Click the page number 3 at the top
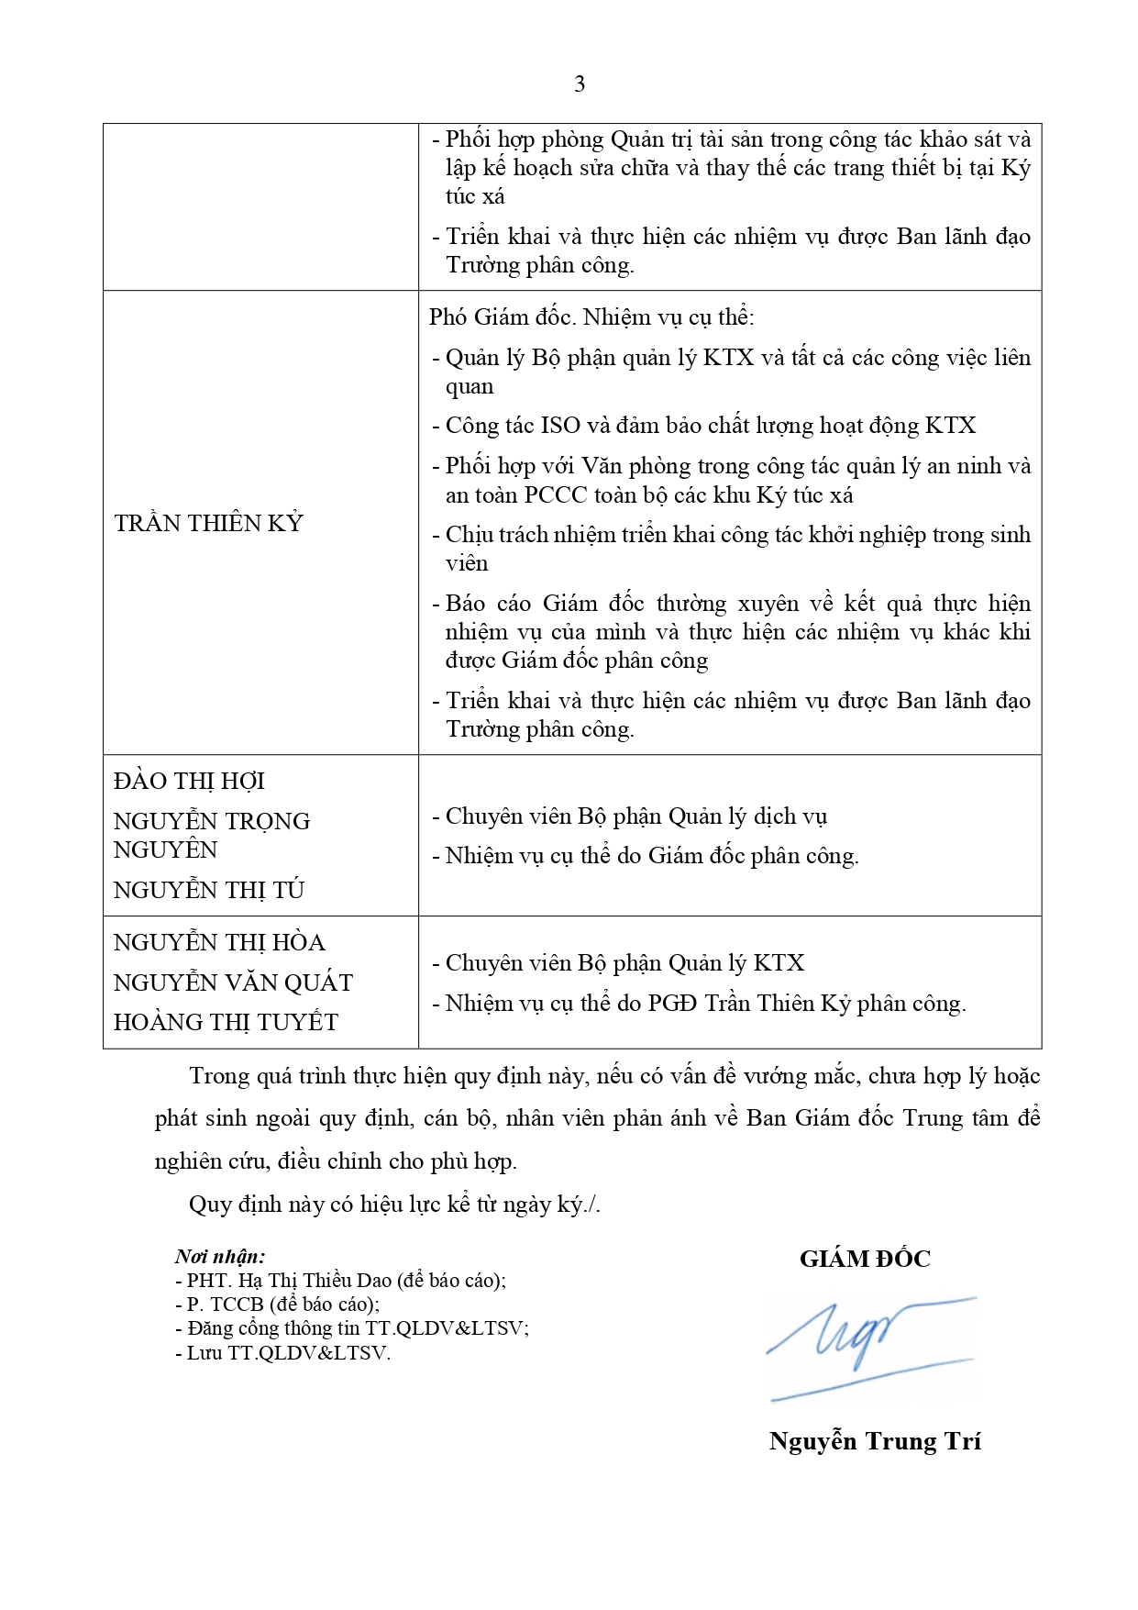click(579, 84)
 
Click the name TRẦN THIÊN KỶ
click(208, 523)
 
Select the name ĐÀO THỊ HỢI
click(189, 781)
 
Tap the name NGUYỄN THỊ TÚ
click(208, 890)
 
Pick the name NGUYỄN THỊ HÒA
click(219, 942)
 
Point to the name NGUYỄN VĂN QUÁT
click(233, 983)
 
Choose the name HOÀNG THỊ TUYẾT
click(226, 1022)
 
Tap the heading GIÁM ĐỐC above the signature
click(865, 1259)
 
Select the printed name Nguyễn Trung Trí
click(875, 1441)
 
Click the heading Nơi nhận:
click(220, 1256)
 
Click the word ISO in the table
click(560, 426)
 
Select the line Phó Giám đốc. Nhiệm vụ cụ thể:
click(591, 317)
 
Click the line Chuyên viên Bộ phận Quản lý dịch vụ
click(635, 816)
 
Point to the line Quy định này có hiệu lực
click(394, 1205)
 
